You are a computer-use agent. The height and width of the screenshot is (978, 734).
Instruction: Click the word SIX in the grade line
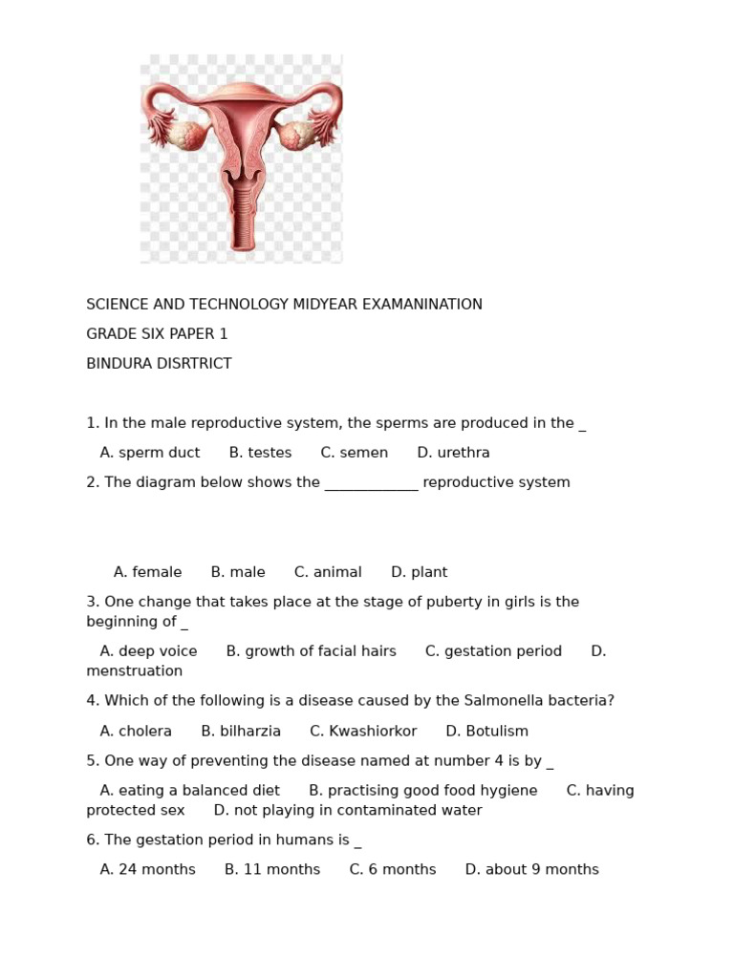pos(151,334)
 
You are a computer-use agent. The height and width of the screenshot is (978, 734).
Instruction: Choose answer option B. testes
pos(260,453)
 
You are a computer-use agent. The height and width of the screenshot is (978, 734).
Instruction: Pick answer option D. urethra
pos(453,453)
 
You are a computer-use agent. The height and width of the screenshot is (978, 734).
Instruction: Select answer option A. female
pos(147,572)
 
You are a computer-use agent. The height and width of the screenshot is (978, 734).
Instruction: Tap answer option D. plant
pos(419,572)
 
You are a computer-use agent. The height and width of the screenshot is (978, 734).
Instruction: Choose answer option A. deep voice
pos(148,651)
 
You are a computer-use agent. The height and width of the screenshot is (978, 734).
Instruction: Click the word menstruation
pos(134,671)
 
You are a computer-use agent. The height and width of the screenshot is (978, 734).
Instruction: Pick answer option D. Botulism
pos(486,732)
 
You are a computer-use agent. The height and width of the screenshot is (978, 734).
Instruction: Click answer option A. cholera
pos(136,732)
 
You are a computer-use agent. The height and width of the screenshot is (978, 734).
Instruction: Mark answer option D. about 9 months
pos(531,870)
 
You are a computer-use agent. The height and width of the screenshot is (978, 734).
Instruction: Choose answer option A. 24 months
pos(147,870)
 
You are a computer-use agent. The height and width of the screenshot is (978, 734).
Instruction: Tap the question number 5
pos(92,761)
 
